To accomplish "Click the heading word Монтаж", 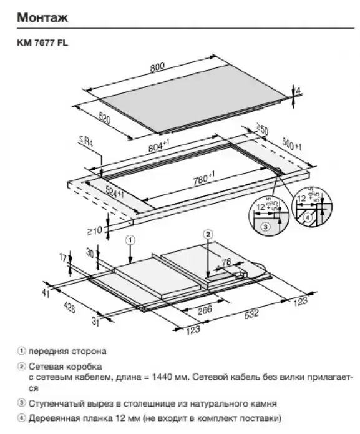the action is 42,17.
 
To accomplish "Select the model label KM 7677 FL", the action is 42,43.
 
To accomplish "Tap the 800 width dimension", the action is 157,67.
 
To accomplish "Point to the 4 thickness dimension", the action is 298,91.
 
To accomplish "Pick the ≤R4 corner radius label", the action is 86,142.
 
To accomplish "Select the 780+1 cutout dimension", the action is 204,179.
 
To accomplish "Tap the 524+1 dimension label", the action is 115,192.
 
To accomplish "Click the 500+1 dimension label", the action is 291,144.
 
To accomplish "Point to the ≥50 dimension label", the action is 262,130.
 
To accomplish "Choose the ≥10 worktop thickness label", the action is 95,230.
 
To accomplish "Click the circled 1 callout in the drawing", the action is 130,240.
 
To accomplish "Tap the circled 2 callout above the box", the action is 208,235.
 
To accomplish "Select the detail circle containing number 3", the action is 270,215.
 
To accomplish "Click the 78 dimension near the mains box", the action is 226,262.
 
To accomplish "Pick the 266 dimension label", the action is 205,310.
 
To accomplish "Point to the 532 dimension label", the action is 251,314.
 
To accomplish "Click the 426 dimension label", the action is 69,307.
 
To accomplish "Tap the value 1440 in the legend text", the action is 162,377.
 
